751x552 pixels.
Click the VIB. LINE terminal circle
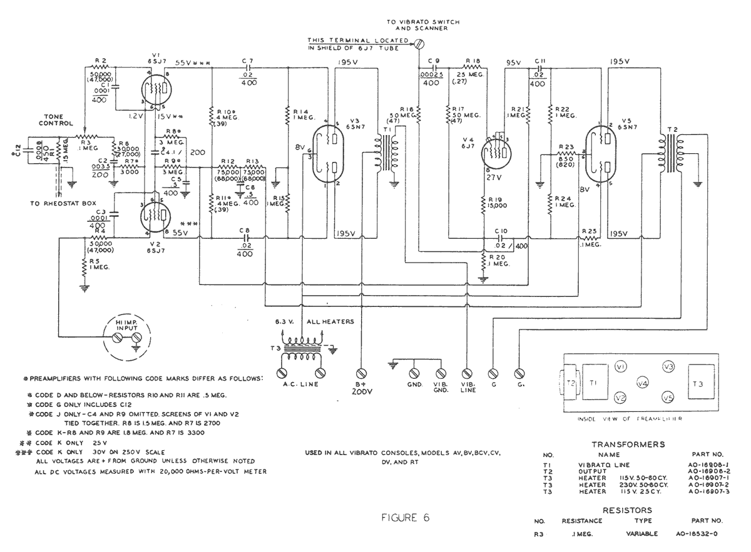[467, 373]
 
